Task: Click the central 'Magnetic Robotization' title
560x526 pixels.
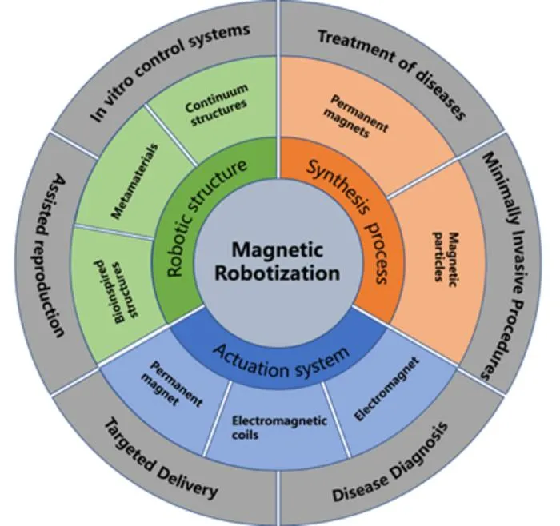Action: (278, 261)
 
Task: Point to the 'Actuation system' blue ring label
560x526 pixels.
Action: (282, 360)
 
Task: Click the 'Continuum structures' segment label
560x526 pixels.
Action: (217, 105)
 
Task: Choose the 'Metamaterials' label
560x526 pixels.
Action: (134, 181)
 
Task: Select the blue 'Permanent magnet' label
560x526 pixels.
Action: (172, 384)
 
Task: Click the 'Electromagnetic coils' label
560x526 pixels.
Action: (279, 427)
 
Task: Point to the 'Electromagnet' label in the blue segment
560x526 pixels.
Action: (386, 389)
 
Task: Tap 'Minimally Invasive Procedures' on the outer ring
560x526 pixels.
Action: (506, 265)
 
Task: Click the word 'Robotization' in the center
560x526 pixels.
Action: (278, 273)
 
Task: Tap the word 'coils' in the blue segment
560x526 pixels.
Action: (245, 435)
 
